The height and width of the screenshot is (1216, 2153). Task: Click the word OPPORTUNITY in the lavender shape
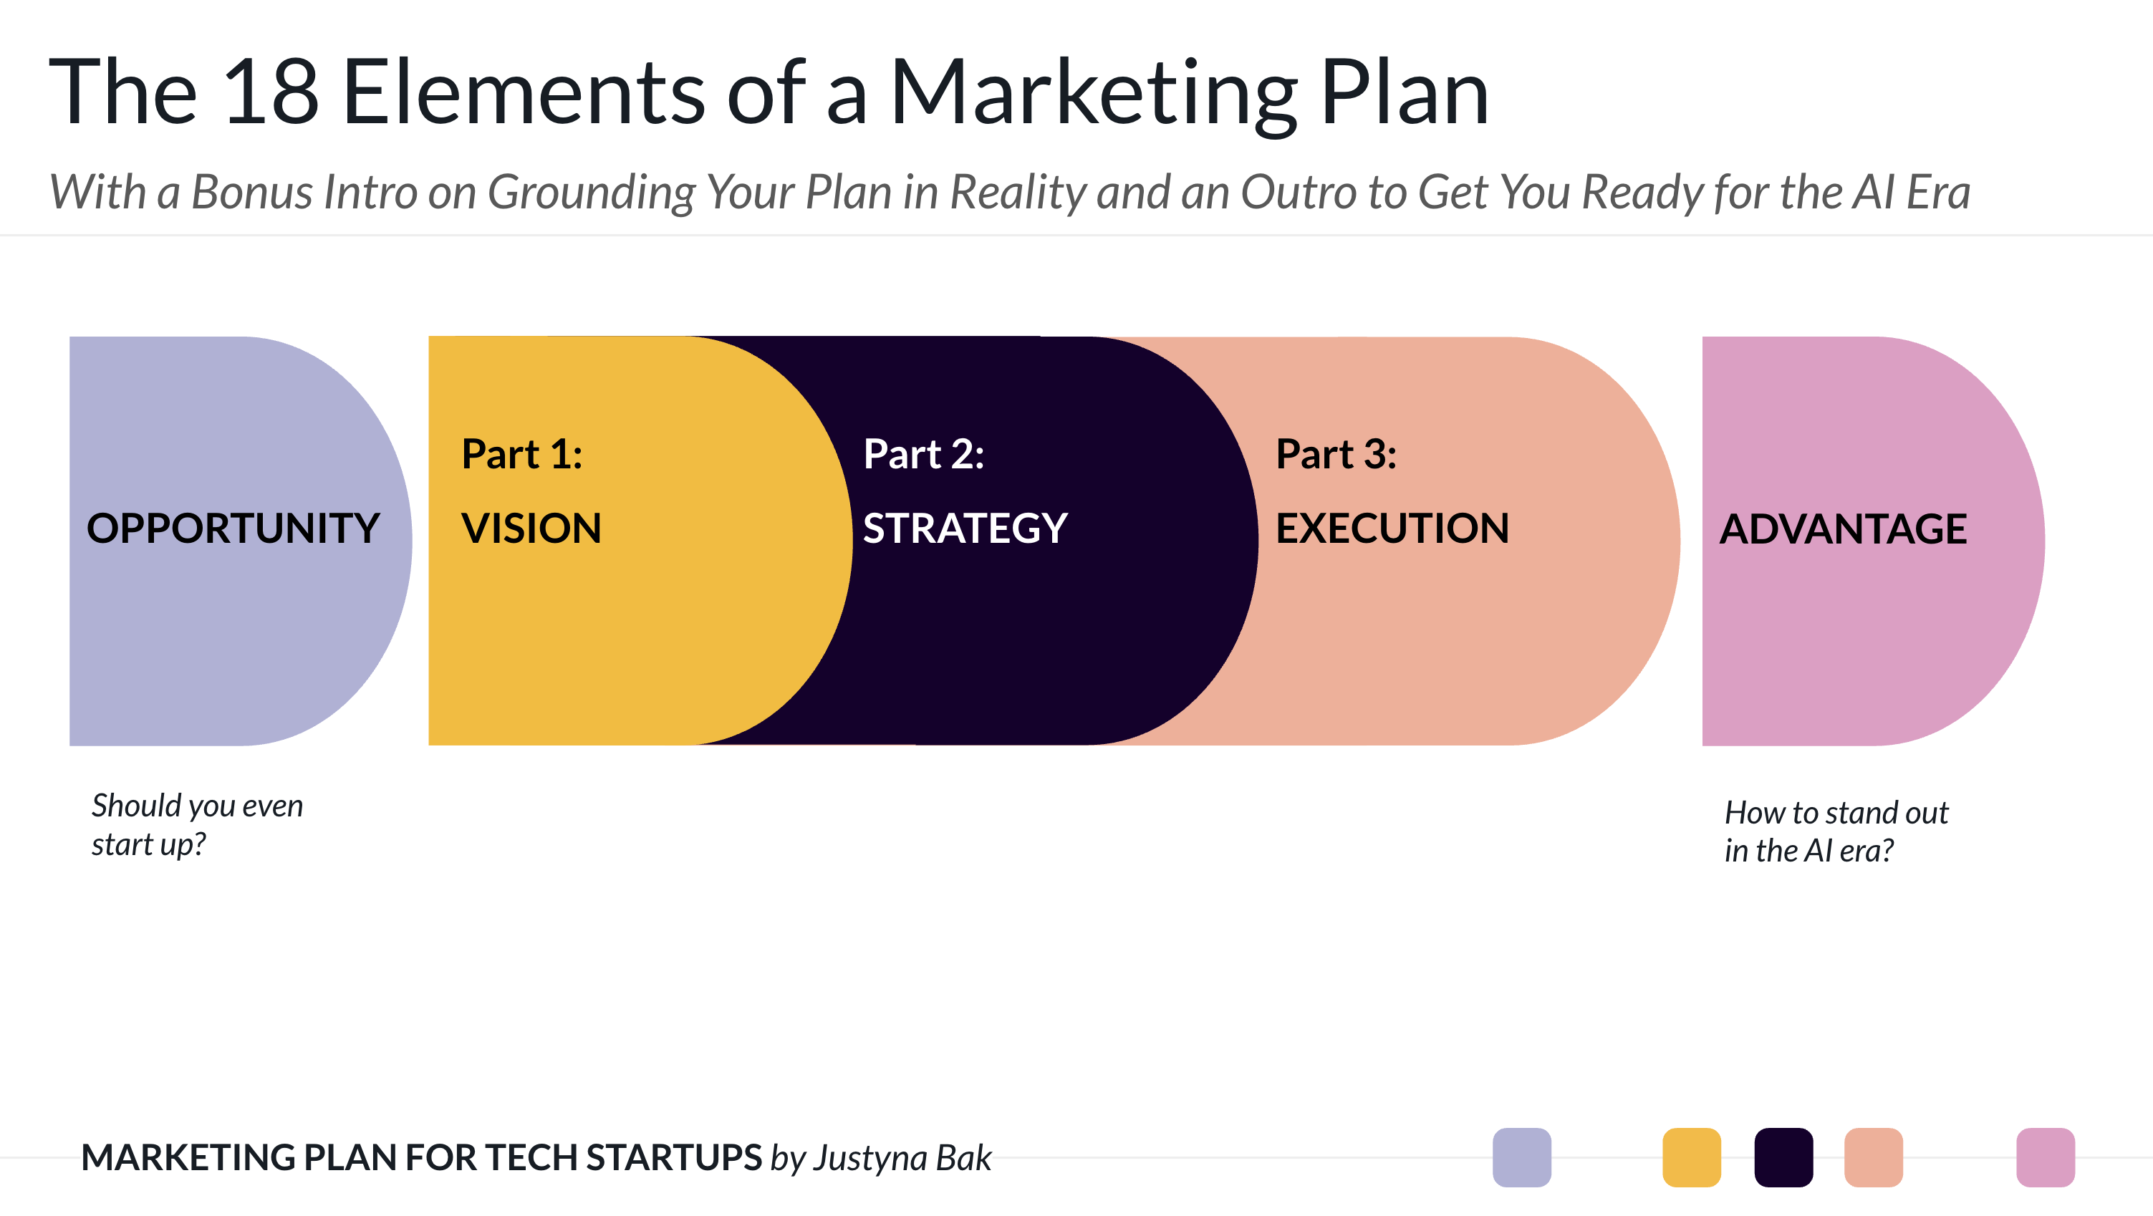pos(233,529)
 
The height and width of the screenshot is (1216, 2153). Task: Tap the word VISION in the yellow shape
pos(531,529)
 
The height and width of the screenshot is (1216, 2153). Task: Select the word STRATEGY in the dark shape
pos(965,529)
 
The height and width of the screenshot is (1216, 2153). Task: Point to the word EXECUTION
pos(1392,529)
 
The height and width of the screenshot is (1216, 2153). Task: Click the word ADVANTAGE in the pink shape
pos(1843,529)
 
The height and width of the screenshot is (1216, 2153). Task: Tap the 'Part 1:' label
pos(521,454)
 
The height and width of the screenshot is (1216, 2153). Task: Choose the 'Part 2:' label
pos(923,454)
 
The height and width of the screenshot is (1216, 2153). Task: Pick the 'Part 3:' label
pos(1336,454)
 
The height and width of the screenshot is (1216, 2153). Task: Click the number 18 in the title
pos(271,92)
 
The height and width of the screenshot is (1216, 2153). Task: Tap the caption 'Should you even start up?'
pos(197,825)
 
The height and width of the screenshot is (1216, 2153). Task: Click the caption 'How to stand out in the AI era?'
pos(1836,831)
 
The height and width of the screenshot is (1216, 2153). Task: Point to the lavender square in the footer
pos(1522,1157)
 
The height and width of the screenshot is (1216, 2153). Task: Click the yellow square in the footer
pos(1692,1157)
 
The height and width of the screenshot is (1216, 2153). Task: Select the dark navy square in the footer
pos(1783,1157)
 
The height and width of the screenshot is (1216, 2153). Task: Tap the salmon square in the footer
pos(1874,1157)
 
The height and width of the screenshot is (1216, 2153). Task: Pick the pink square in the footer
pos(2046,1157)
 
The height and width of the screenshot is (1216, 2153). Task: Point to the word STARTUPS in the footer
pos(674,1157)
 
